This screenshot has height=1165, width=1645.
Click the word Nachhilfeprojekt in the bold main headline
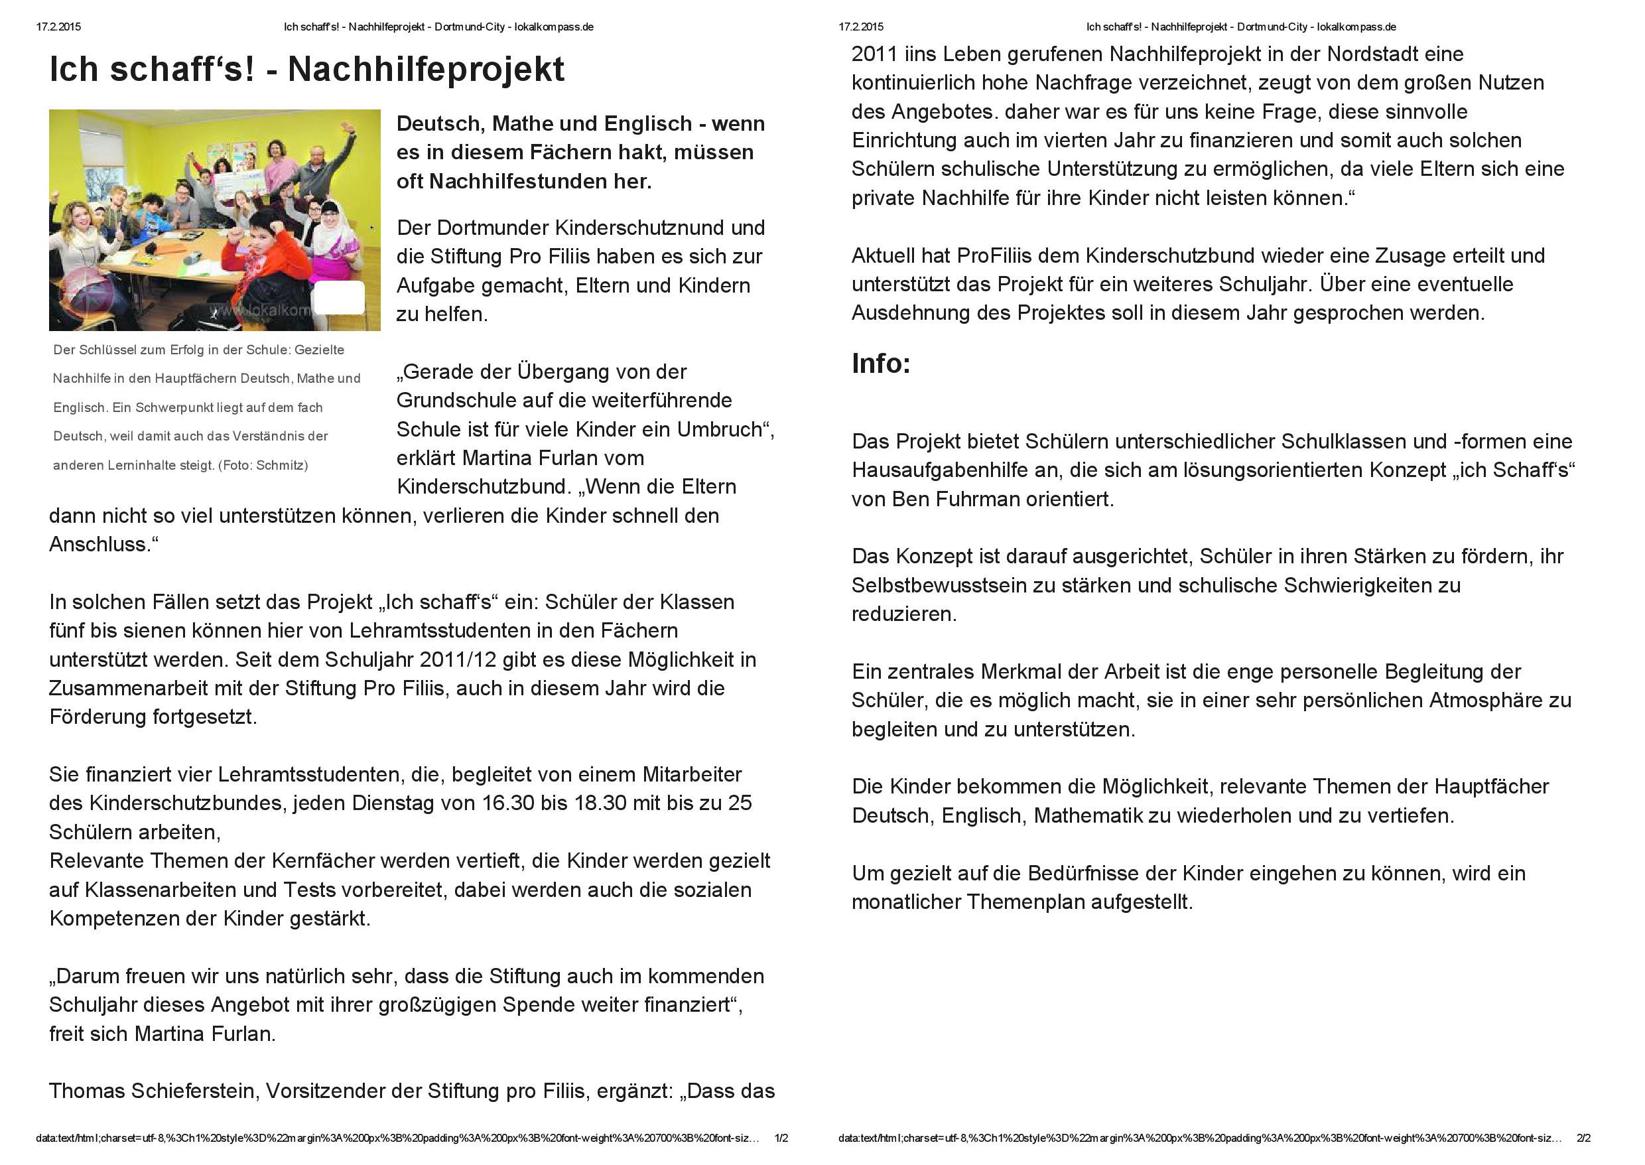pyautogui.click(x=426, y=70)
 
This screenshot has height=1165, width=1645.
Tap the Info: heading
pyautogui.click(x=881, y=364)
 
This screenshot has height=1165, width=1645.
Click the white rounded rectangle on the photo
pyautogui.click(x=339, y=298)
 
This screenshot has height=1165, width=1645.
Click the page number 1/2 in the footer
pyautogui.click(x=781, y=1138)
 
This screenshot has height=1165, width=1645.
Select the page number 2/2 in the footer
pyautogui.click(x=1584, y=1138)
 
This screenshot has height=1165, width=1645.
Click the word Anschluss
pyautogui.click(x=100, y=545)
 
